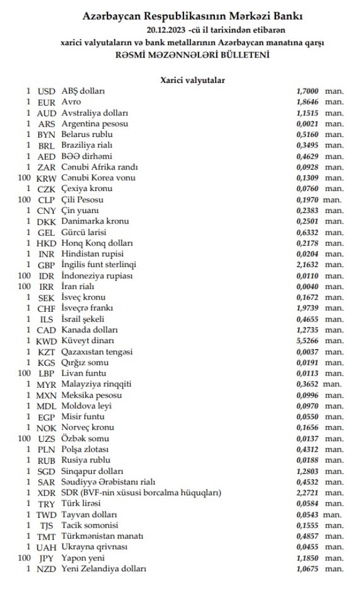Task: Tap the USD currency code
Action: (46, 91)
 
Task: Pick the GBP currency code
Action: (46, 265)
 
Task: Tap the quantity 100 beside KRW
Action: (24, 178)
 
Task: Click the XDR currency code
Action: (46, 492)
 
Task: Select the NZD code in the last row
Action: (46, 568)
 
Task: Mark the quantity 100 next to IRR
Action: (24, 286)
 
